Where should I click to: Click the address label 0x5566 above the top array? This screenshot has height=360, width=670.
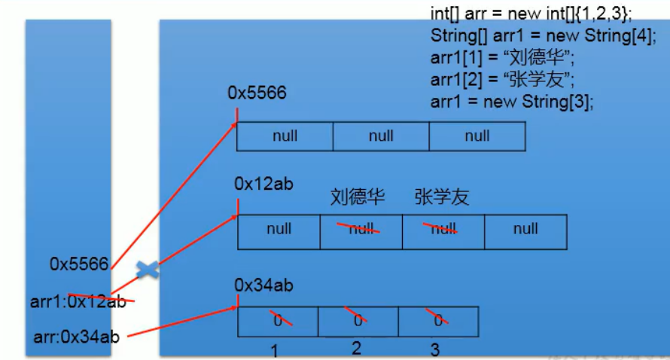257,93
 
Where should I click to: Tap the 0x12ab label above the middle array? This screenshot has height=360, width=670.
263,183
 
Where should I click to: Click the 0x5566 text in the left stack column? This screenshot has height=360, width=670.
79,264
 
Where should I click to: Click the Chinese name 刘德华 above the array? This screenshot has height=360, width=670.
358,197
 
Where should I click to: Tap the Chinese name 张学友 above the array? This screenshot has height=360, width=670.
441,197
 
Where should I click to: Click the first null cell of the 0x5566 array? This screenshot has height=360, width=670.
285,136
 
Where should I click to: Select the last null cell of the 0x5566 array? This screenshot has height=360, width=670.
477,136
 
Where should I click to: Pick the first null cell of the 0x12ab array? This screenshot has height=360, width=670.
279,229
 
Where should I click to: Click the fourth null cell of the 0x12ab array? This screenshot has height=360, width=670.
525,229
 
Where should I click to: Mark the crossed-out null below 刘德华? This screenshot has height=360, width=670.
361,229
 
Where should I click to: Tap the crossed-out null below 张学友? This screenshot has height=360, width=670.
443,229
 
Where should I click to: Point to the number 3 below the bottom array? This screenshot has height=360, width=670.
435,349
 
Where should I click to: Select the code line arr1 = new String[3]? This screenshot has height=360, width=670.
512,101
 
